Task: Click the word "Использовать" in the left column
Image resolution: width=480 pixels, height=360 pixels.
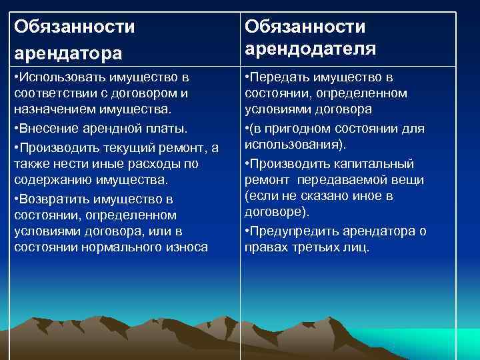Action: coord(61,78)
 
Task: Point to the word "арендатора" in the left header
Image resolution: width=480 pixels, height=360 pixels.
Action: coord(67,51)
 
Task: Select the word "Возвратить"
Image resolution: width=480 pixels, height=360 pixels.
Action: coord(54,199)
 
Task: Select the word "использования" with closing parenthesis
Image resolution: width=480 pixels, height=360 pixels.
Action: coord(291,144)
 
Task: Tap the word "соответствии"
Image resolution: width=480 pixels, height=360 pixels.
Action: coord(51,94)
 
